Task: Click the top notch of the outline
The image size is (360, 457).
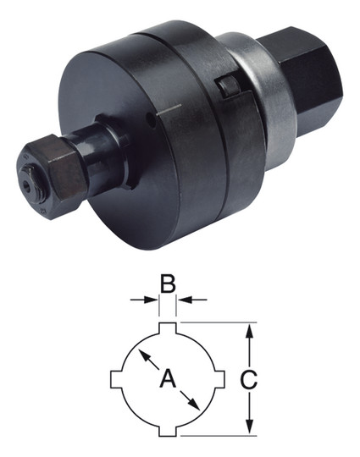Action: pos(168,328)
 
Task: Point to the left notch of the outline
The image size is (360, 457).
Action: pos(118,378)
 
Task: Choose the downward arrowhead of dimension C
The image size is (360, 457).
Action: pos(248,427)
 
